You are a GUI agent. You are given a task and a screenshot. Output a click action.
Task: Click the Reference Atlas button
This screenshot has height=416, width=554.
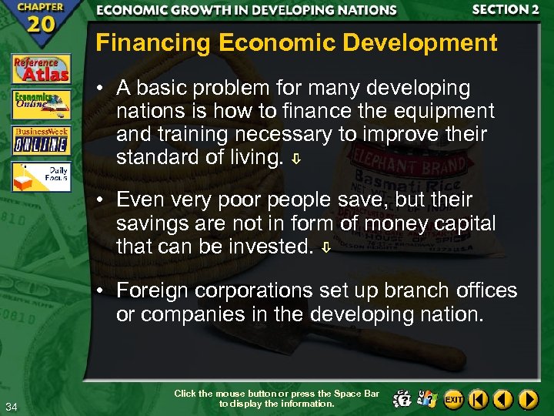point(41,69)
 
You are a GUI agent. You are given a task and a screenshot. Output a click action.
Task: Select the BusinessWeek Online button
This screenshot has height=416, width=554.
point(41,140)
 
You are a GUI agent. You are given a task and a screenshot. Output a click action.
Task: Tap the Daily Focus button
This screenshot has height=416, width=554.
point(41,176)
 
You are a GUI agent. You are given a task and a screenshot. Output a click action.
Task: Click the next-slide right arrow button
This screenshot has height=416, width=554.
point(528,399)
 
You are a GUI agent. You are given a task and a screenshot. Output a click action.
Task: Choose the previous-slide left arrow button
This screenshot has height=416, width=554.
point(503,399)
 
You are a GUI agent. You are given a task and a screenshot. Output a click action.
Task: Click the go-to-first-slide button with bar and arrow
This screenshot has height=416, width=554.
point(479,399)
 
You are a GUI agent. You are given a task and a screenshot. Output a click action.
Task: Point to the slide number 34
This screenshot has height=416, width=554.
point(11,407)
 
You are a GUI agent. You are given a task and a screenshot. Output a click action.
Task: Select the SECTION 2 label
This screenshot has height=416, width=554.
point(506,10)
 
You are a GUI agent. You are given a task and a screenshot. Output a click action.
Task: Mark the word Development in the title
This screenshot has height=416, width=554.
point(429,43)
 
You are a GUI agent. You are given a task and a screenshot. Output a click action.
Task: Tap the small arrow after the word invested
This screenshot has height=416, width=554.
point(327,249)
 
